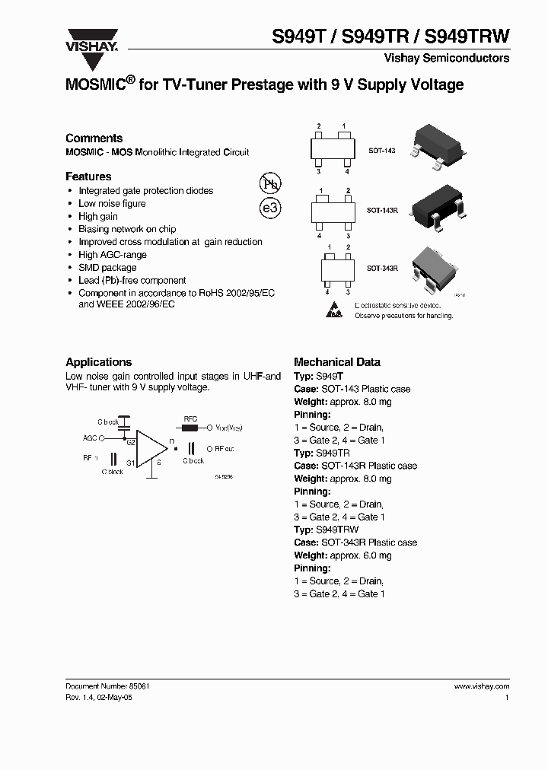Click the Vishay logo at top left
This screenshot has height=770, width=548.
pos(91,40)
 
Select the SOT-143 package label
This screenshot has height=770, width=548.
pos(381,151)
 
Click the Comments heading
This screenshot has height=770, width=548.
pos(94,138)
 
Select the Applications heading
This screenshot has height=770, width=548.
pos(98,362)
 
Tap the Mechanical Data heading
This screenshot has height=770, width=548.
pos(336,362)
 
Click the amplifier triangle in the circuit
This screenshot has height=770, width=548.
pos(152,449)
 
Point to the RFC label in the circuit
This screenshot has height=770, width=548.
pos(191,418)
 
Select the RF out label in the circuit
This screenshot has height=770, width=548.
pos(224,449)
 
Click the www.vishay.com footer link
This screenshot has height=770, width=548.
pos(481,686)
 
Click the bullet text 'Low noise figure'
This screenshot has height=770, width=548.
pos(112,204)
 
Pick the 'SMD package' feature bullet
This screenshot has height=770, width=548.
pos(107,268)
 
